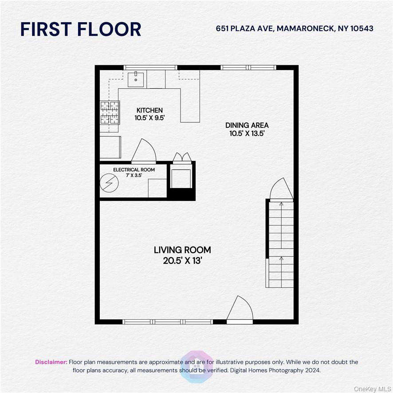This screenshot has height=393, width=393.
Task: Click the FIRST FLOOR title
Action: click(x=81, y=29)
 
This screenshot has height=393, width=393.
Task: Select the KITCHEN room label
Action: click(x=149, y=110)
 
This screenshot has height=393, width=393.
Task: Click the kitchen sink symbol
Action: click(x=136, y=79)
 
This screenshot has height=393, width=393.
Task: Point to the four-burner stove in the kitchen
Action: click(x=110, y=112)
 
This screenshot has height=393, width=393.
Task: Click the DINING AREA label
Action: click(x=247, y=125)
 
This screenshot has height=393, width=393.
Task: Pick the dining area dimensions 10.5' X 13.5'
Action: click(x=247, y=134)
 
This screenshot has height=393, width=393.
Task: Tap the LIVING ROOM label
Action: click(x=182, y=250)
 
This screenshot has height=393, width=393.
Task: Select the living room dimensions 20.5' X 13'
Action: click(x=182, y=261)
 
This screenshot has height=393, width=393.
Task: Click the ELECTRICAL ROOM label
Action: click(x=134, y=170)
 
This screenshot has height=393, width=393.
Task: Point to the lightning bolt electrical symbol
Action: click(x=109, y=183)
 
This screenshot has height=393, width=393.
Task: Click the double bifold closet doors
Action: click(x=182, y=158)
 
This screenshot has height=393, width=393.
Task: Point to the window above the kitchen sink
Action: click(x=150, y=67)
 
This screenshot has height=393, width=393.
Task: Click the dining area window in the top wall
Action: click(x=248, y=67)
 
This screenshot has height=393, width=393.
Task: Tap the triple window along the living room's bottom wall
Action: click(x=168, y=322)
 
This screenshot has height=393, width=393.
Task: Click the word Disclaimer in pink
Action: click(x=51, y=362)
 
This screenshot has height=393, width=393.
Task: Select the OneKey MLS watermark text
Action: click(x=373, y=389)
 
